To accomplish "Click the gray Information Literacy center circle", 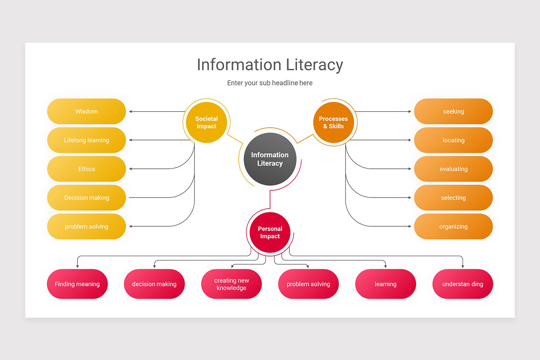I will pos(270,159).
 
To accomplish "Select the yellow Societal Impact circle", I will pos(207,122).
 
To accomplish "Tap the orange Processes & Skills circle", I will pos(333,122).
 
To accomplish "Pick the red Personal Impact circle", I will pos(270,232).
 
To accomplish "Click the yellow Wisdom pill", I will pos(86,112).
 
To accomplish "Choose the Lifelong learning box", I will pos(86,140).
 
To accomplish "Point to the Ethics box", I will pos(86,169).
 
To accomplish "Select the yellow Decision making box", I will pos(86,198).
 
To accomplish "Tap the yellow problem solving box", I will pos(86,227).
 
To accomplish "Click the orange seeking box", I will pos(453,112).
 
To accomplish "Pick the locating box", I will pos(453,140).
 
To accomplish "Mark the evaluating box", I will pos(453,169).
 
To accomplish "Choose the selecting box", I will pos(453,198).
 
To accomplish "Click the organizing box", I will pos(453,227).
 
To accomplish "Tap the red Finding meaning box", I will pos(77,284).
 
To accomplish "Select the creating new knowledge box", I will pos(231,284).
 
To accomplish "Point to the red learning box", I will pos(386,284).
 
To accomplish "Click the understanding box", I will pos(463,284).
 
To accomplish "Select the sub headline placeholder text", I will pos(270,83).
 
